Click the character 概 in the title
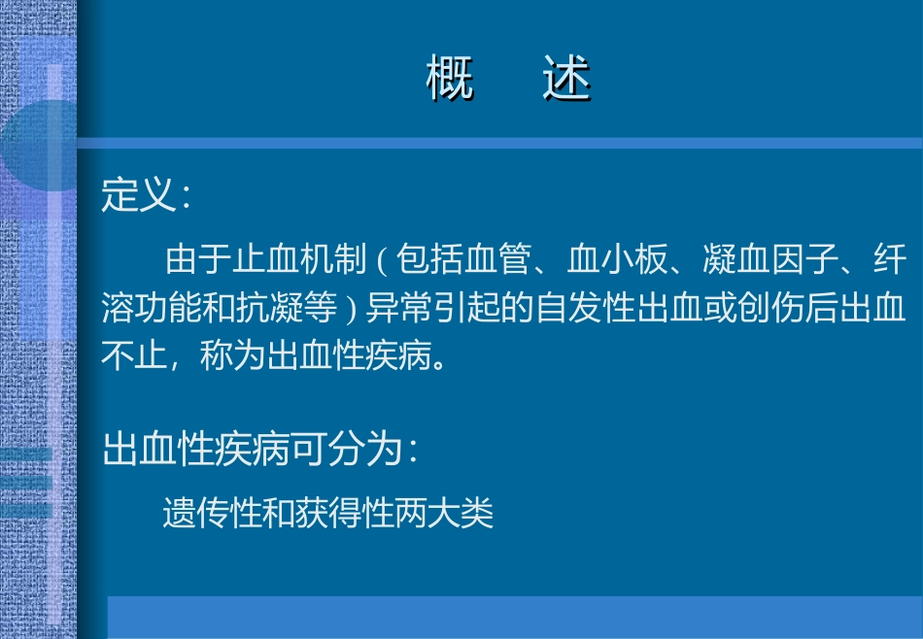(450, 80)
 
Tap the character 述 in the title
(566, 80)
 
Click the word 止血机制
(298, 260)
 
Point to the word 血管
(498, 260)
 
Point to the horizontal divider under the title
(499, 143)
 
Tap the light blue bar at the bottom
(514, 617)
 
